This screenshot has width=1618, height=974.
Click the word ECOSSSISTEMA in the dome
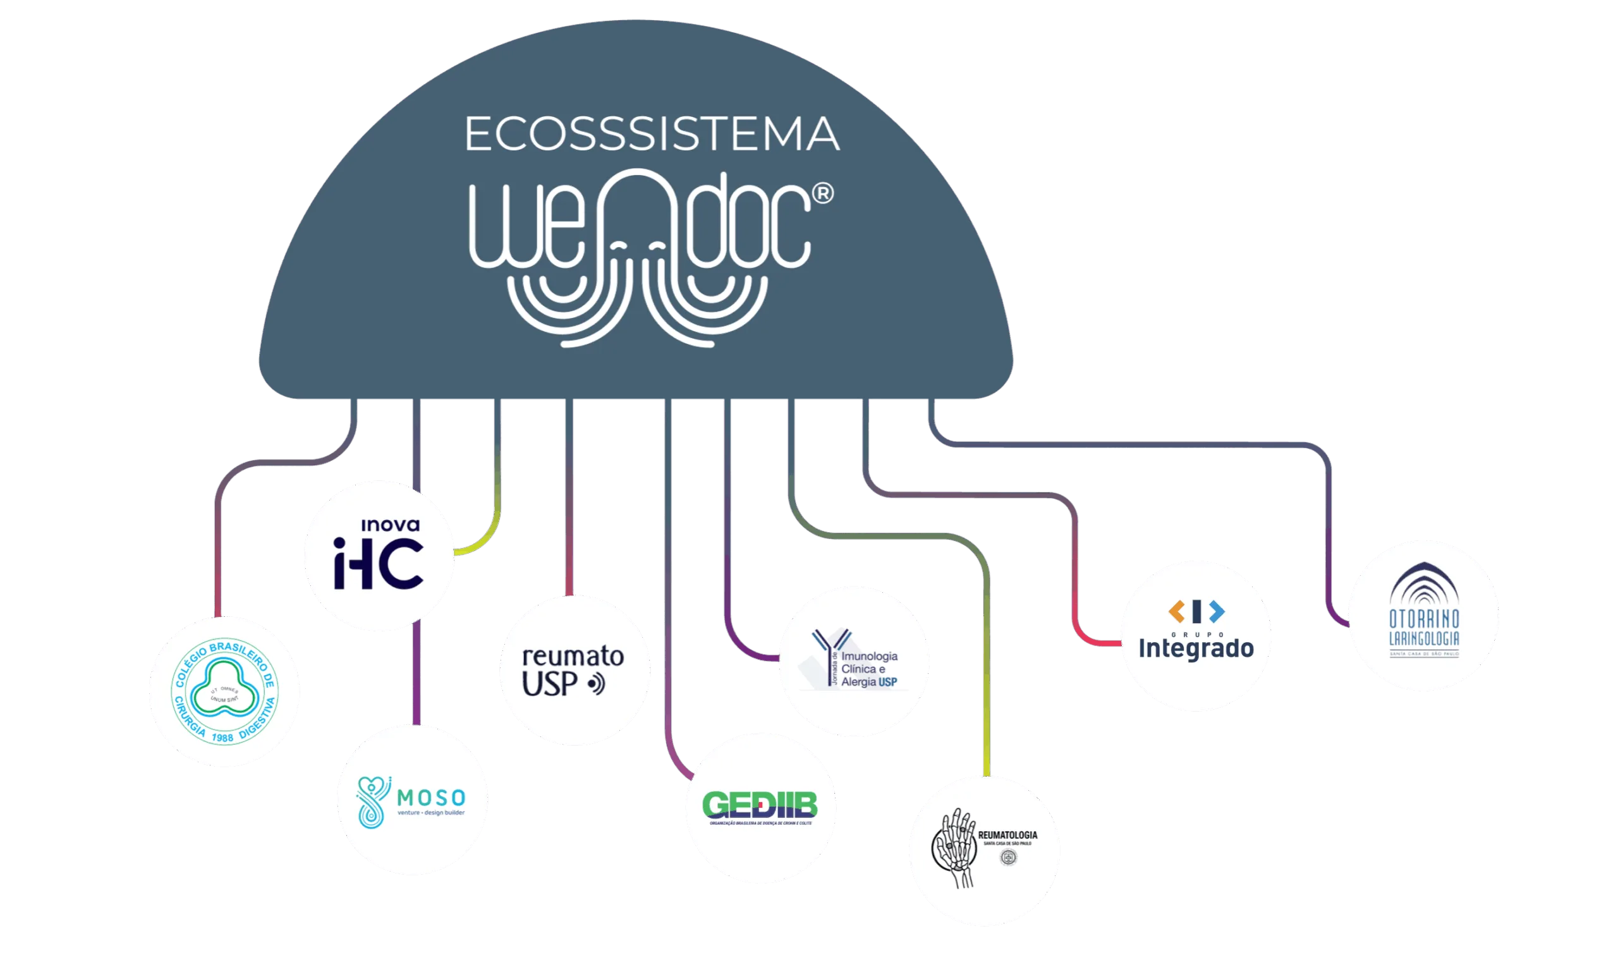[x=652, y=134]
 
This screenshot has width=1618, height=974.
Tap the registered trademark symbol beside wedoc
[x=823, y=193]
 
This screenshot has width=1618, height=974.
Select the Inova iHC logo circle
[x=379, y=556]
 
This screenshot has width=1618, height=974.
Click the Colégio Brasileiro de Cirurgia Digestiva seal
[x=224, y=691]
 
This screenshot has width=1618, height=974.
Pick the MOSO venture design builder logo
[x=412, y=800]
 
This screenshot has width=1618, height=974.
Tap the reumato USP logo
[x=575, y=670]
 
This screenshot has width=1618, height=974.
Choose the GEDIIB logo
[x=760, y=808]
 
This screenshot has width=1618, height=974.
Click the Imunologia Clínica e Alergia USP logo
[x=855, y=662]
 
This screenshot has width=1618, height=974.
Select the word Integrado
[x=1196, y=648]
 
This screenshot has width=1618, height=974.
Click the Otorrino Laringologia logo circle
[x=1424, y=615]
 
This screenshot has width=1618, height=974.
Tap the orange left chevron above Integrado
[x=1176, y=612]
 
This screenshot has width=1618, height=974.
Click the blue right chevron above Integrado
[x=1217, y=612]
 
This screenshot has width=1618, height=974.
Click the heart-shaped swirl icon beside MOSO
[x=373, y=801]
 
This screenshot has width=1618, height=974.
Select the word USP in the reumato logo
[x=549, y=685]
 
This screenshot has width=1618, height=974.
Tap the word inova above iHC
[x=391, y=525]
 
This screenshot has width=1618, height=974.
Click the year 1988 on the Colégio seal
[x=222, y=738]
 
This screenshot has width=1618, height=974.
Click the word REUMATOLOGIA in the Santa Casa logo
[x=1008, y=835]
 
